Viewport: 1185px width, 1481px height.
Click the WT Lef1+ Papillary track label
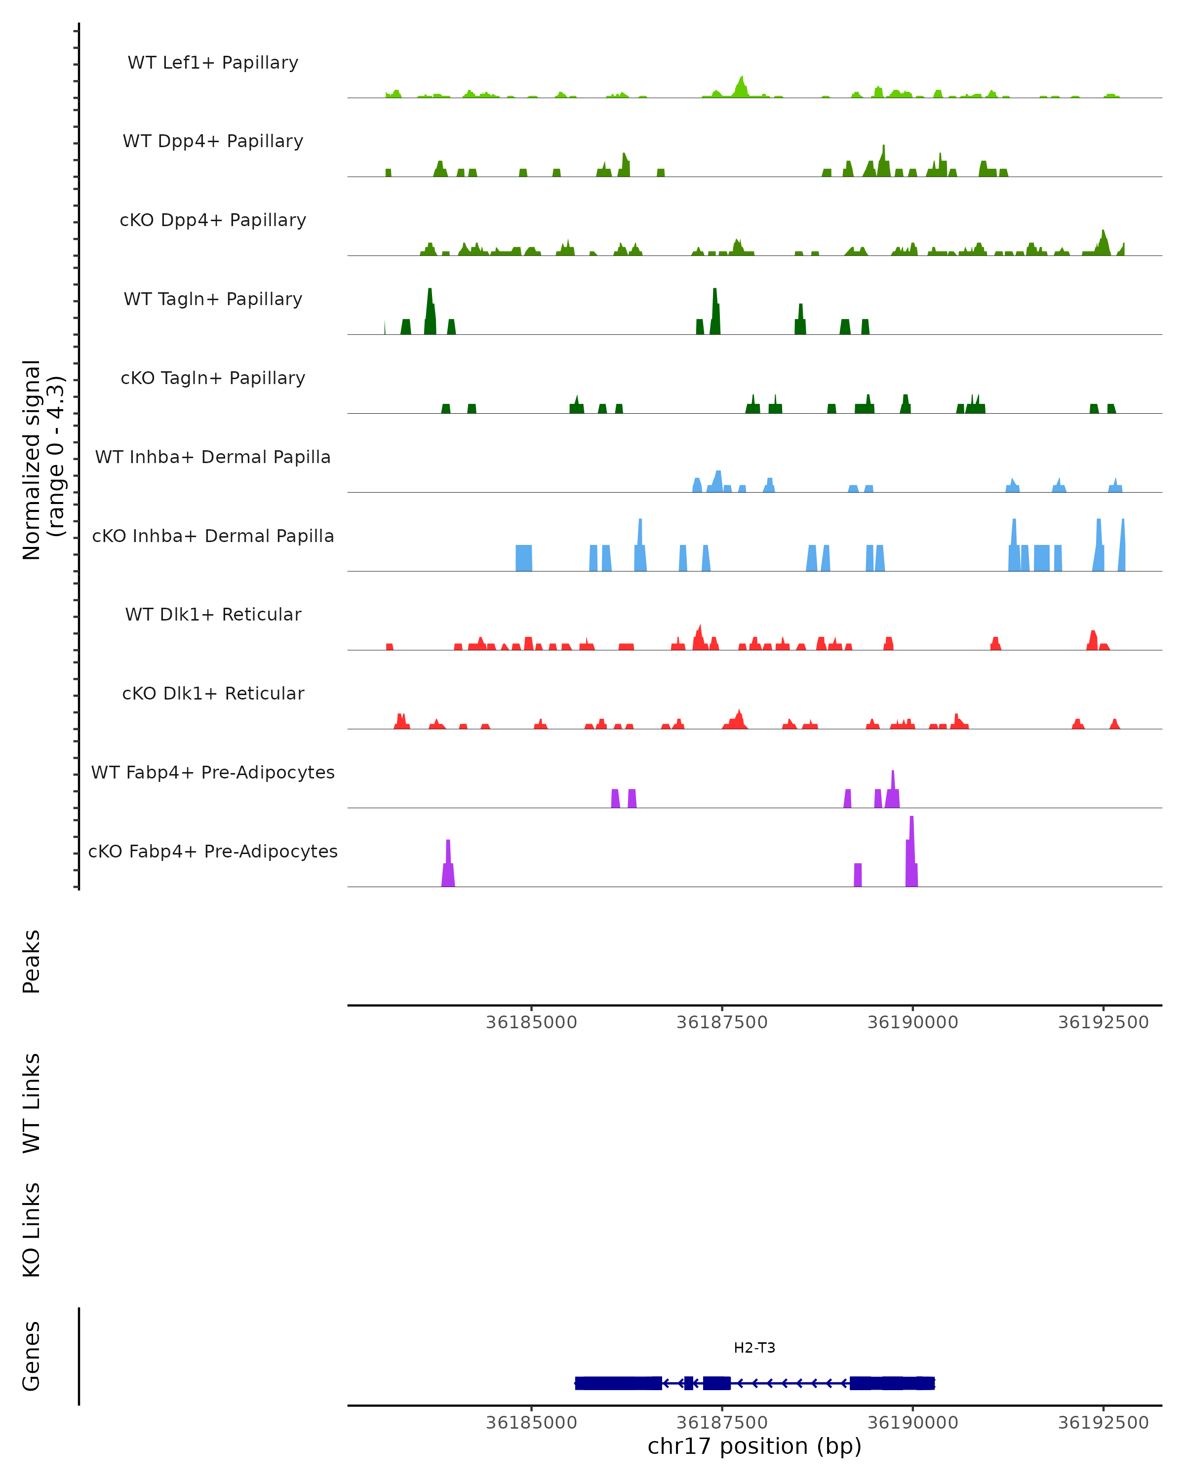coord(213,63)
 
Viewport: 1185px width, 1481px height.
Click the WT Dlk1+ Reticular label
coord(213,614)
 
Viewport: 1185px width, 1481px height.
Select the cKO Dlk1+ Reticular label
coord(213,693)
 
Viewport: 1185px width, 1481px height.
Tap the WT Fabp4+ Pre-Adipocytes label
coord(213,772)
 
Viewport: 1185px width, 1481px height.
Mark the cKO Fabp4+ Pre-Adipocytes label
coord(213,851)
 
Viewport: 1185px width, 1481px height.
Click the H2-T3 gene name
coord(754,1348)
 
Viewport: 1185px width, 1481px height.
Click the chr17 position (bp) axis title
coord(754,1446)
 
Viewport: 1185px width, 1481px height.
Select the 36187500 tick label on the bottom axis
coord(722,1422)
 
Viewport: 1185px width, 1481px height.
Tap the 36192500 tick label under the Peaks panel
coord(1103,1022)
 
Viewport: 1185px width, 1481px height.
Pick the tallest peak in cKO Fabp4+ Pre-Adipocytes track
coord(911,819)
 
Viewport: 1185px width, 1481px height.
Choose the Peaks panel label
coord(32,962)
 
